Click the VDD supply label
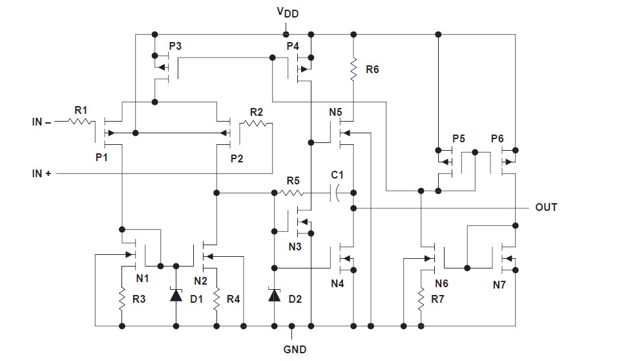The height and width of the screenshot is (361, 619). coord(288,12)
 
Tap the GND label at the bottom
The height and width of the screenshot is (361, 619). coord(295,349)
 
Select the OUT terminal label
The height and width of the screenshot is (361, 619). coord(546,207)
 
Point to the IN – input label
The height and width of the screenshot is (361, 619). coord(41,122)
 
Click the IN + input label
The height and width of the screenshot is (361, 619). coord(41,173)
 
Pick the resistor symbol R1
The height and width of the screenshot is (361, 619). coord(81,122)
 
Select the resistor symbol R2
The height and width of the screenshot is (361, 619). coord(257,124)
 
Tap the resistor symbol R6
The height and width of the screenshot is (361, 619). coord(353,69)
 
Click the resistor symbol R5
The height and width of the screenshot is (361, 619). coord(292,193)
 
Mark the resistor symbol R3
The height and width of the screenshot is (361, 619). coord(122,299)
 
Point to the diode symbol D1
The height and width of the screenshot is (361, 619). coord(176,295)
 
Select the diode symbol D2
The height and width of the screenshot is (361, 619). coord(275,295)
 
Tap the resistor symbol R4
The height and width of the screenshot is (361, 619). coord(216,299)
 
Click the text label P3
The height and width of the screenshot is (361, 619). coord(175,47)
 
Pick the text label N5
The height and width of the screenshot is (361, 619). coord(335,113)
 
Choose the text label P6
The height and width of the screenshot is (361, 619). coord(497,139)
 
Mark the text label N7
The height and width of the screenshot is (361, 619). coord(499,285)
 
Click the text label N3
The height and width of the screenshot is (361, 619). coord(295,246)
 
